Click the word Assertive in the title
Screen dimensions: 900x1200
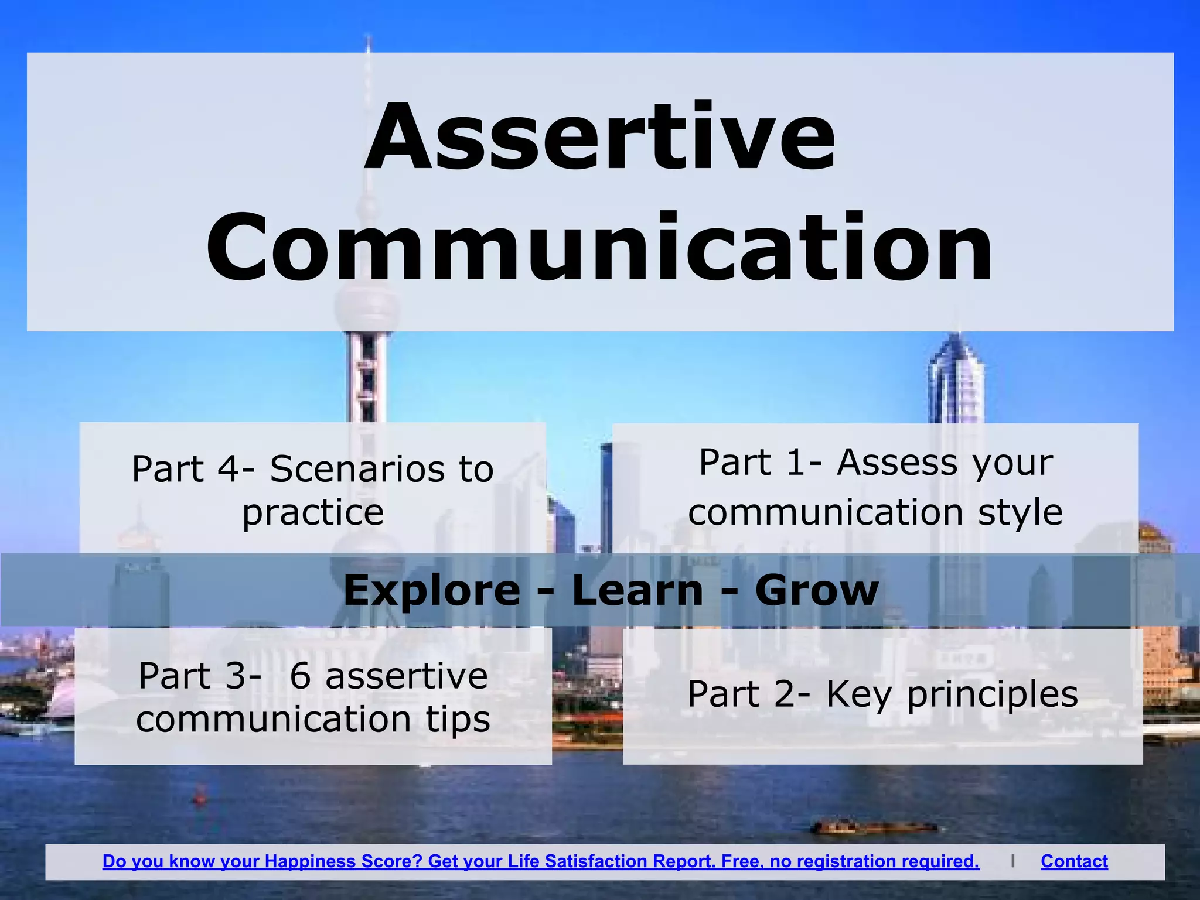(x=600, y=138)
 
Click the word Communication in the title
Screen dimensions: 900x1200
(x=600, y=249)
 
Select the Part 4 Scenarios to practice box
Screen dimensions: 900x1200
(x=312, y=490)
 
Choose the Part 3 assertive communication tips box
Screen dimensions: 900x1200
(x=313, y=697)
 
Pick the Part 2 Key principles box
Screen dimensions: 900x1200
(x=882, y=695)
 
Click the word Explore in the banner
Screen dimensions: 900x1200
(x=431, y=590)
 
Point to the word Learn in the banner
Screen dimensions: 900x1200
(x=637, y=590)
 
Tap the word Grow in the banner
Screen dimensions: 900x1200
(x=817, y=590)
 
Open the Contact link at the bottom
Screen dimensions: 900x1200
(x=1074, y=861)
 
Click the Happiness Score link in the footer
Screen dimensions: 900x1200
(x=540, y=861)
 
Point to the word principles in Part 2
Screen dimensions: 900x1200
(x=992, y=695)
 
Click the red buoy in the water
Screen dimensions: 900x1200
(x=200, y=797)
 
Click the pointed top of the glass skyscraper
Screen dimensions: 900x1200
(x=957, y=340)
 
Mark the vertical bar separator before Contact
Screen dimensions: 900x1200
(x=1012, y=861)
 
